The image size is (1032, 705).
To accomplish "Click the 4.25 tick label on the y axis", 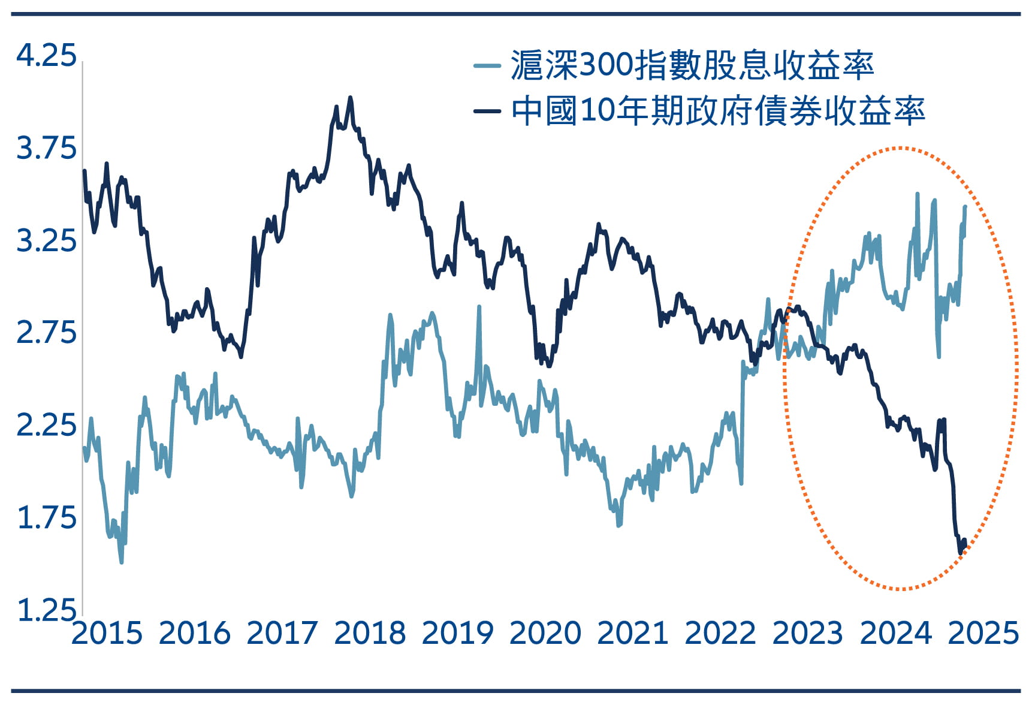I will click(x=46, y=56).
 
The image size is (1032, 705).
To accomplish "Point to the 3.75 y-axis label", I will click(x=46, y=148).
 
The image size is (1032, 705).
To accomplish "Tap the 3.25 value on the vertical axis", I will click(x=46, y=240).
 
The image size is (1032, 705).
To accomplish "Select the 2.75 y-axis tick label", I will click(x=46, y=333).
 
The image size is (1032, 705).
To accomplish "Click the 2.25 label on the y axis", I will click(x=46, y=425).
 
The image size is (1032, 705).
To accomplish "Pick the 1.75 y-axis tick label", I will click(x=46, y=517).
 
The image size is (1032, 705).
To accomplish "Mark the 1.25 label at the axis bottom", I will click(x=46, y=610).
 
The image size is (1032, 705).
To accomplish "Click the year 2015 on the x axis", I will click(x=107, y=633).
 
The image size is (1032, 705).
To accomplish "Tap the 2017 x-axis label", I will click(x=282, y=633).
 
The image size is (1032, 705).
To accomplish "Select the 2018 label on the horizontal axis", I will click(x=370, y=633).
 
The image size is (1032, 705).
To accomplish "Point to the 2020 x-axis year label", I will click(x=545, y=633).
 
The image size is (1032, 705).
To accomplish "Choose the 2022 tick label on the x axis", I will click(x=720, y=633).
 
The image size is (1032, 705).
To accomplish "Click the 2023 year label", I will click(x=808, y=633).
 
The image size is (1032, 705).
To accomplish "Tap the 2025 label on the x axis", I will click(x=983, y=633).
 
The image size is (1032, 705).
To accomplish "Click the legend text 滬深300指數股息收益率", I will click(x=692, y=65).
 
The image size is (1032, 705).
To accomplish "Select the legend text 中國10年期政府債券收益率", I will click(x=718, y=111).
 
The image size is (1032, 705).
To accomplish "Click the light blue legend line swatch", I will click(x=487, y=65).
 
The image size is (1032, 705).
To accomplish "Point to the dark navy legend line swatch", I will click(x=487, y=111).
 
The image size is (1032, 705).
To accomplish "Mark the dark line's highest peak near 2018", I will click(x=351, y=97).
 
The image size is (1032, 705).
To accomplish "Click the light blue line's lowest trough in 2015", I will click(x=122, y=562).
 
